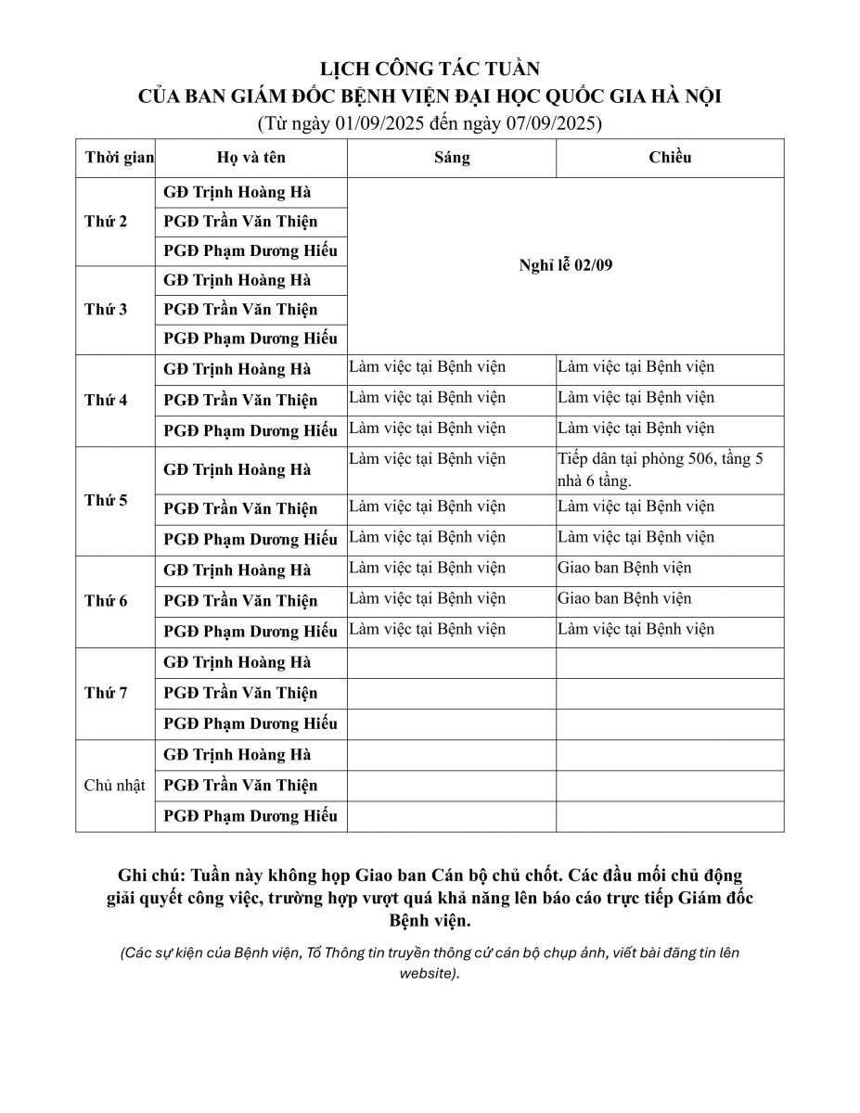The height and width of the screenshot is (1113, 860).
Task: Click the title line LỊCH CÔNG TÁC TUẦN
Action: (x=430, y=70)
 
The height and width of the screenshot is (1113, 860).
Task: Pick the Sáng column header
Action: (x=452, y=157)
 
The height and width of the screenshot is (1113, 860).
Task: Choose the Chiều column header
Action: (x=670, y=157)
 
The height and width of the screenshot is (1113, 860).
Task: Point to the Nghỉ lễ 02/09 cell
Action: (x=566, y=265)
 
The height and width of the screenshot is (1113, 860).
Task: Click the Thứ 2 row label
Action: (x=106, y=222)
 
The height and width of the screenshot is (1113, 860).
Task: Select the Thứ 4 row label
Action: (x=106, y=401)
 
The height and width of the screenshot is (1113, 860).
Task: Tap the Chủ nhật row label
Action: (x=115, y=786)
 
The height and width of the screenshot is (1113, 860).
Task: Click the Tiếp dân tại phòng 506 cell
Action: (x=661, y=469)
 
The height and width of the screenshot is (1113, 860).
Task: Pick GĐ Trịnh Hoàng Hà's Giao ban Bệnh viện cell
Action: (x=624, y=568)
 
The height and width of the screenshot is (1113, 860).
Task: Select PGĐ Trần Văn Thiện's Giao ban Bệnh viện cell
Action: (x=624, y=598)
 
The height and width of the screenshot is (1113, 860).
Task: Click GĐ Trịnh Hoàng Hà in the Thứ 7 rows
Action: (x=237, y=662)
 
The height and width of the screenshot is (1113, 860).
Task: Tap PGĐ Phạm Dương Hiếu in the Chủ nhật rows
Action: (x=250, y=816)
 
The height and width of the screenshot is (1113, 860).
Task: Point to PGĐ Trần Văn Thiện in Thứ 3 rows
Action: (x=240, y=309)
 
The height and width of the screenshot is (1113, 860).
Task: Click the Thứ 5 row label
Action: (x=106, y=501)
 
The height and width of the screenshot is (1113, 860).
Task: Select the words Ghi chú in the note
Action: (x=148, y=876)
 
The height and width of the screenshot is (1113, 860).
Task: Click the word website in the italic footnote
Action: (x=428, y=974)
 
